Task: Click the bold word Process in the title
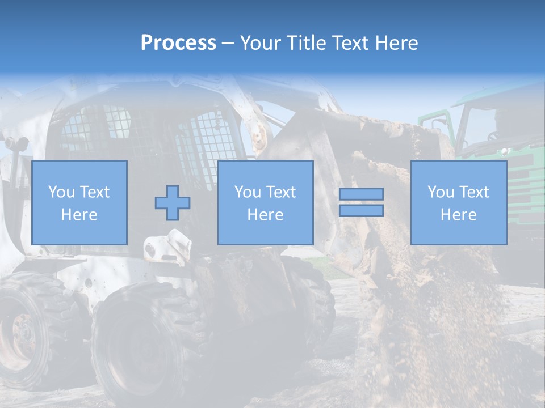[178, 43]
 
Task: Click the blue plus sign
[173, 202]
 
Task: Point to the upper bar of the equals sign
[361, 194]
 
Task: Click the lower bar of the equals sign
[361, 210]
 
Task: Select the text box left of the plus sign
[79, 202]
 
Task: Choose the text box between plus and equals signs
[265, 202]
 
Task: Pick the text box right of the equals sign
[458, 202]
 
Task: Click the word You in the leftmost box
[61, 192]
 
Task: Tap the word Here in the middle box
[265, 215]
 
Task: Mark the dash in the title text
[228, 43]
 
